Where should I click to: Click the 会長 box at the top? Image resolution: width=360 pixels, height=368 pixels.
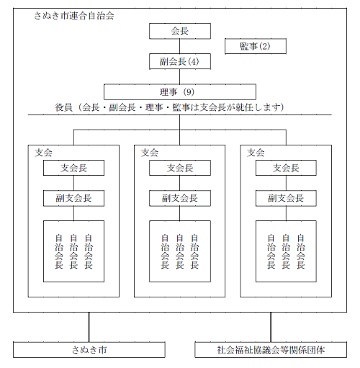[179, 31]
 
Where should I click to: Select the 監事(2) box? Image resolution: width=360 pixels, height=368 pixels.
[255, 47]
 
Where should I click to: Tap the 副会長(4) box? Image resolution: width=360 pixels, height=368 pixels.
[179, 62]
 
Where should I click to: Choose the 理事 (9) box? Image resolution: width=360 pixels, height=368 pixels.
[179, 92]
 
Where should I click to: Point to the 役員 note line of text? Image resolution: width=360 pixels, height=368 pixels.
[169, 107]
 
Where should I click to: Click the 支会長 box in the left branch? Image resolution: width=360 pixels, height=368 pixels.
[73, 168]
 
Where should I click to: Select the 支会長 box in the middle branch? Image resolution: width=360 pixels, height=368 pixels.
[179, 168]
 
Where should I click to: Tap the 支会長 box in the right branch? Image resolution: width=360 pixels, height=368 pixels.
[286, 168]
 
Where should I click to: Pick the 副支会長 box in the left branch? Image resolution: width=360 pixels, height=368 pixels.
[73, 198]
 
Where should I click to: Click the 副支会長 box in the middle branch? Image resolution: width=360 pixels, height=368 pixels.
[179, 198]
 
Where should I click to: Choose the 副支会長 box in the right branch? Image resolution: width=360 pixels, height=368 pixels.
[286, 198]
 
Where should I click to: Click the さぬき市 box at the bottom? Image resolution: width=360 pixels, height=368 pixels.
[89, 351]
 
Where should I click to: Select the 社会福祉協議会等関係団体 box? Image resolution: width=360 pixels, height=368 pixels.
[271, 351]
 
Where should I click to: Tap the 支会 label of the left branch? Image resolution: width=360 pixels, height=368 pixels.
[43, 153]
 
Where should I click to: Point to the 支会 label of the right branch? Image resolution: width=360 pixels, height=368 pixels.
[256, 153]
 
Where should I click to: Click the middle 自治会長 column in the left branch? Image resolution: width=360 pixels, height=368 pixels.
[73, 251]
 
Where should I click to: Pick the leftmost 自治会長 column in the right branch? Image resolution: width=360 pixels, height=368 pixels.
[271, 251]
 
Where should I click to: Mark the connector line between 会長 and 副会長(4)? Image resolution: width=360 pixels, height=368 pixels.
[179, 46]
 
